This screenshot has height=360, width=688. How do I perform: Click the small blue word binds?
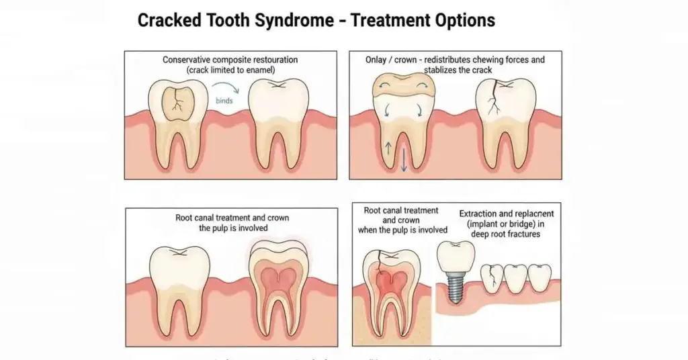224,100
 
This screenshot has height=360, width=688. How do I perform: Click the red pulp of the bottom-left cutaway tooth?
279,272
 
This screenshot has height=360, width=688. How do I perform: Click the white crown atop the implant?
457,255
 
